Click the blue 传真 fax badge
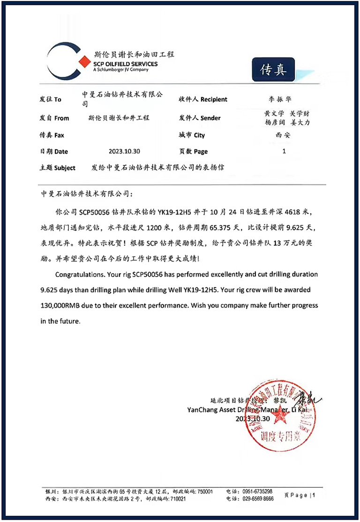click(x=273, y=69)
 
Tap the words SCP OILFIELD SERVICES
click(x=125, y=64)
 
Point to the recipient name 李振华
click(x=279, y=99)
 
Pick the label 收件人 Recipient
click(x=202, y=99)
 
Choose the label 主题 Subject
click(x=58, y=168)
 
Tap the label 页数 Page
click(x=193, y=151)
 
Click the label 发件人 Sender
click(x=200, y=118)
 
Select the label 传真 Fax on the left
click(x=52, y=135)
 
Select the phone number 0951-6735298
click(x=258, y=491)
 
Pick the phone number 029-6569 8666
click(x=258, y=499)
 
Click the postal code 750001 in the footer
click(x=203, y=491)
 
